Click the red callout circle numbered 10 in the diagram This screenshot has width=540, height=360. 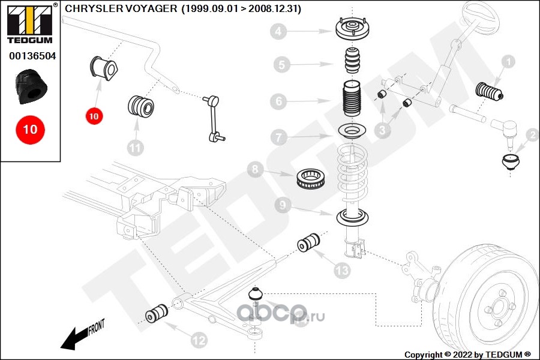[x=94, y=116]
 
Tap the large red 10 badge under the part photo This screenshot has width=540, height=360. [x=30, y=129]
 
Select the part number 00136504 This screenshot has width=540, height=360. [x=32, y=56]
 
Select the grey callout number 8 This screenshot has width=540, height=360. [x=254, y=170]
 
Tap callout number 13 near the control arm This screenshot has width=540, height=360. [x=341, y=271]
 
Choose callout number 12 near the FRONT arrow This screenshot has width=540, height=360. [x=199, y=340]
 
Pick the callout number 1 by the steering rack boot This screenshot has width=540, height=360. [x=508, y=61]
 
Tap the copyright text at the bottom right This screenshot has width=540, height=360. [x=468, y=355]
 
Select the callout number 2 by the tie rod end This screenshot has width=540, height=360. [x=532, y=135]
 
